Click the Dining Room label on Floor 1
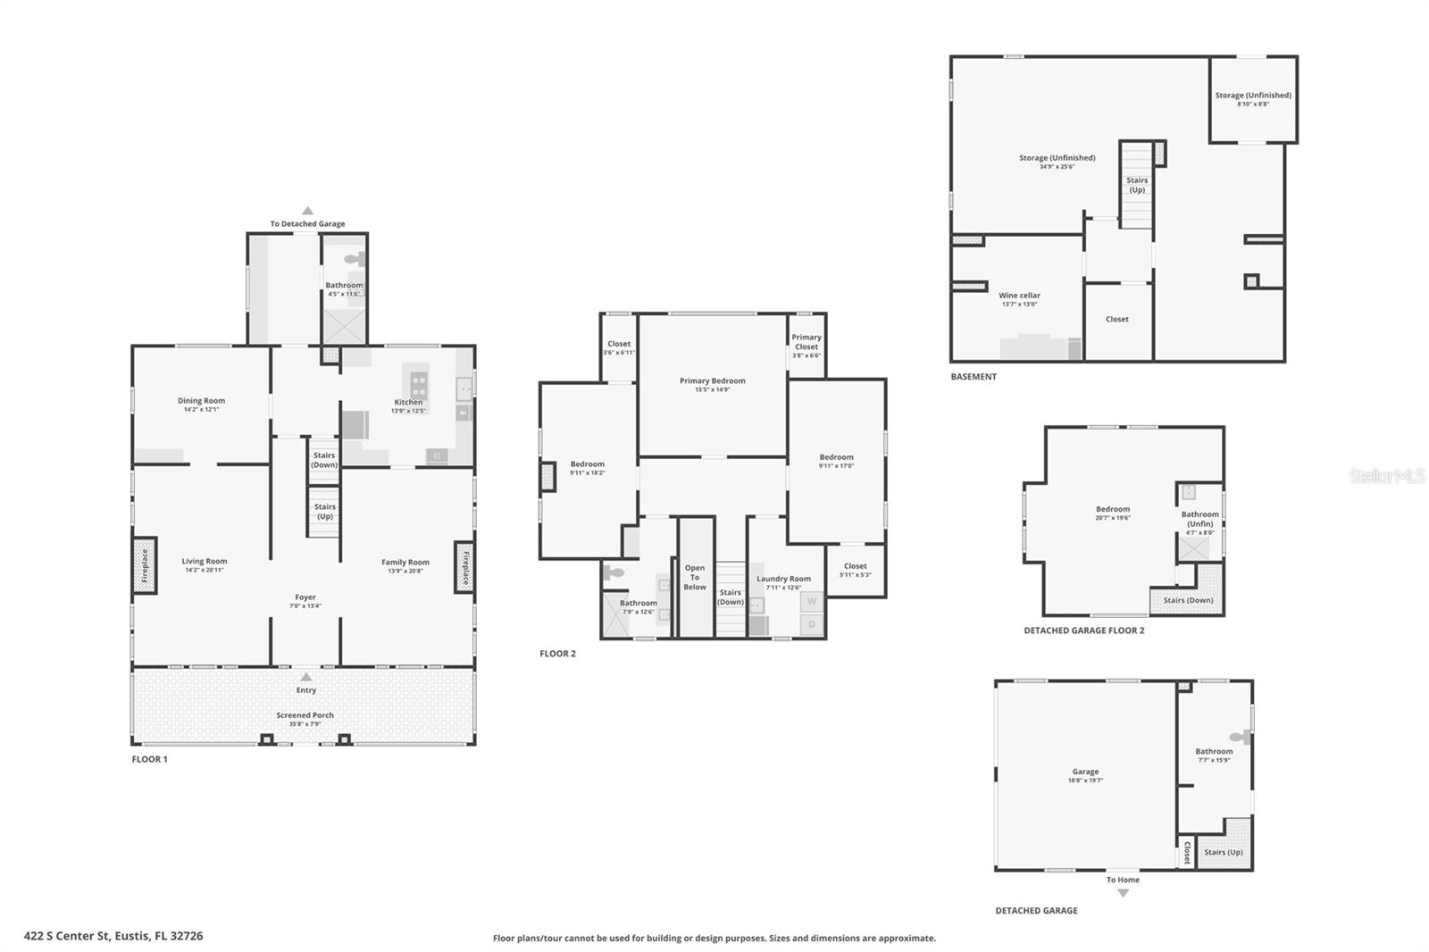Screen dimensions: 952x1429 (x=201, y=401)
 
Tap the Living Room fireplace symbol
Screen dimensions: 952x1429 (x=145, y=565)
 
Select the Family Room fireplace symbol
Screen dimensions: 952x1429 (x=464, y=566)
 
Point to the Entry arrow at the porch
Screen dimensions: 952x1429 (x=306, y=677)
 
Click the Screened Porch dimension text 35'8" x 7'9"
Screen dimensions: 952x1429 (x=305, y=724)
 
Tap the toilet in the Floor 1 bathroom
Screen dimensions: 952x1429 (x=355, y=260)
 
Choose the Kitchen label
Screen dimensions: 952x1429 (x=408, y=402)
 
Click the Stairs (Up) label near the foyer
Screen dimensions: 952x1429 (x=325, y=512)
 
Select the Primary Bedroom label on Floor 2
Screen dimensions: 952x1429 (x=712, y=380)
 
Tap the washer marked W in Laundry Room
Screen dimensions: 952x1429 (x=812, y=601)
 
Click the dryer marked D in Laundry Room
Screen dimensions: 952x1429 (x=812, y=624)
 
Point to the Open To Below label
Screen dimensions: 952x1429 (x=695, y=577)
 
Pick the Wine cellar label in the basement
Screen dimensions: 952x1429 (x=1019, y=295)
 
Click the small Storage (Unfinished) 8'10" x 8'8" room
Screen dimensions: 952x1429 (x=1253, y=98)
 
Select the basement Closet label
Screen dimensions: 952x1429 (x=1117, y=319)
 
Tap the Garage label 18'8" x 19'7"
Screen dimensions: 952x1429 (x=1086, y=772)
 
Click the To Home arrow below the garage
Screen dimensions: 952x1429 (x=1123, y=892)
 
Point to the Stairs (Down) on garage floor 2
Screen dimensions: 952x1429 (x=1188, y=600)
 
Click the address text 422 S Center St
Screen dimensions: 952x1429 (x=113, y=936)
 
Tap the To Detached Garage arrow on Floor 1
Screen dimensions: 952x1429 (x=307, y=211)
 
